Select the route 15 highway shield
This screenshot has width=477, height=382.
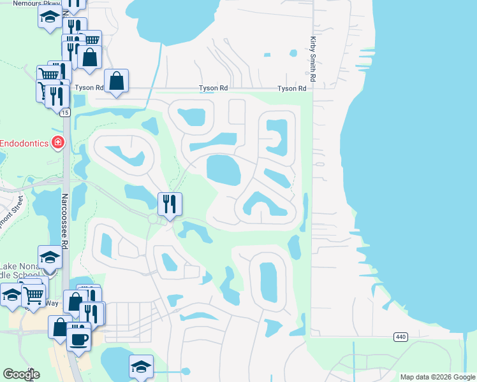click(65, 113)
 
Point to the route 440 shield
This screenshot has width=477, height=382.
click(400, 337)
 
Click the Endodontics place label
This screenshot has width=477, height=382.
click(24, 143)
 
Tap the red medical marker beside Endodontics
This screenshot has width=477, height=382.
click(58, 142)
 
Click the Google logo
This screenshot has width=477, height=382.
click(21, 374)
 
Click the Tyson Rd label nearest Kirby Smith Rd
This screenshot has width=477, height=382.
click(291, 88)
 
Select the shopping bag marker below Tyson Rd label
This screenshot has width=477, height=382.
click(116, 81)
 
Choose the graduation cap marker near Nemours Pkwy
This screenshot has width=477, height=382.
click(49, 18)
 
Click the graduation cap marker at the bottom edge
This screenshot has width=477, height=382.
click(141, 367)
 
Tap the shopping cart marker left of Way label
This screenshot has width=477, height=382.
click(33, 295)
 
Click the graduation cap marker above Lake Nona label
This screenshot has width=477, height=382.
click(50, 257)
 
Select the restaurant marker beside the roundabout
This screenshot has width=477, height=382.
click(170, 204)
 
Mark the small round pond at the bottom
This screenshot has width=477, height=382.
click(186, 371)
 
